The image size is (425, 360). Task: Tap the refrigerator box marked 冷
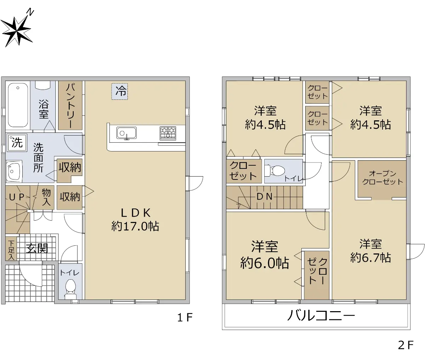(x=120, y=91)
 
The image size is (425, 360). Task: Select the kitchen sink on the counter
(x=126, y=133)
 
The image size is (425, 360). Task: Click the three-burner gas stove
(x=168, y=133)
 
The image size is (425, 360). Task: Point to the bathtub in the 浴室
(x=18, y=105)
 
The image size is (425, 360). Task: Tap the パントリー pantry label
(x=70, y=105)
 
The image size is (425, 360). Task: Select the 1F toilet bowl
(x=70, y=288)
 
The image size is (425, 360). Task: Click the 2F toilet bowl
(x=275, y=171)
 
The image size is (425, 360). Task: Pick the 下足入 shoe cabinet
(x=11, y=249)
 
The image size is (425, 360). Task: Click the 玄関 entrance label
(x=37, y=248)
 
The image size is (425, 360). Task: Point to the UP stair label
(x=17, y=197)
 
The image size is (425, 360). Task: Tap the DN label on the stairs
(x=265, y=197)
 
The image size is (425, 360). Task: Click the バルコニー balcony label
(x=321, y=315)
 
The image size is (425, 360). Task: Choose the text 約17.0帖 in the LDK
(x=135, y=227)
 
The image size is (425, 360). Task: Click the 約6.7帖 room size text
(x=370, y=258)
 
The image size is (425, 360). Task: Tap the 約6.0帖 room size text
(x=265, y=263)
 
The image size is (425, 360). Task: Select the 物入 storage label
(x=46, y=197)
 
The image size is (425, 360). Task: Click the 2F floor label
(x=406, y=345)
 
